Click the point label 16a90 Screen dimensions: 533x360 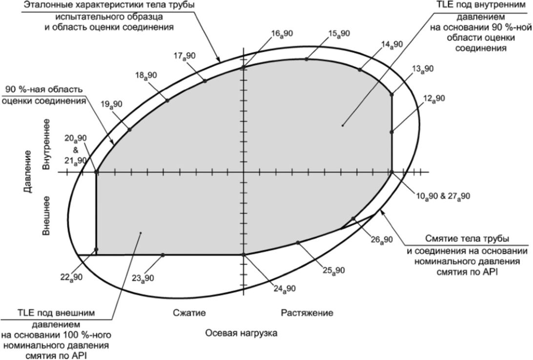[x=282, y=34]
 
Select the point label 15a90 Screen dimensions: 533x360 [x=339, y=34]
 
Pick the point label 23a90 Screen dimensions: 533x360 [x=143, y=279]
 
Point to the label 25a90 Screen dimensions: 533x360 [x=333, y=271]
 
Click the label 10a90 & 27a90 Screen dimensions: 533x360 [x=443, y=197]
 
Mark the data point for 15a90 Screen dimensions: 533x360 [x=307, y=59]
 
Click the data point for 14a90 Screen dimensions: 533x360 [x=360, y=70]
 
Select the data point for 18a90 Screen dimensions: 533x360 [x=167, y=100]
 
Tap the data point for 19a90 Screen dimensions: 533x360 [x=129, y=129]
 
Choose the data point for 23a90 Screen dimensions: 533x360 [x=163, y=255]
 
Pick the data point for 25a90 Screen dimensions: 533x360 [x=298, y=242]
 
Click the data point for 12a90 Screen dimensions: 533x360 [x=391, y=132]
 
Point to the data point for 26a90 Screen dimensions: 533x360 [x=353, y=219]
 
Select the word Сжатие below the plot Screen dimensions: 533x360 [x=189, y=313]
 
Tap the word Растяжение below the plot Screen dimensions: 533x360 [x=307, y=313]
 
